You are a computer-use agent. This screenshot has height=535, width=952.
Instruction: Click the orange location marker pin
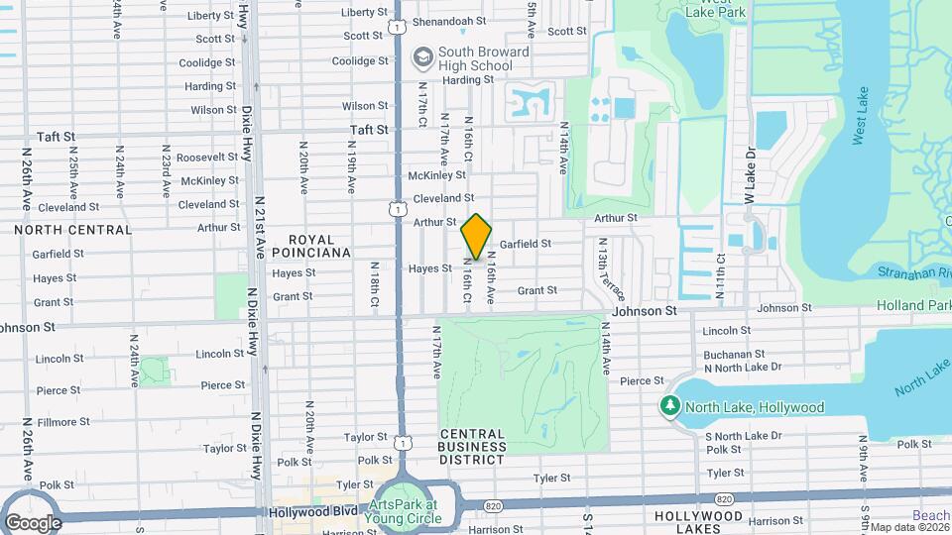click(x=477, y=237)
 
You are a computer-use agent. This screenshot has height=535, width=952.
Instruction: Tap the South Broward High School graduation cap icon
click(x=424, y=57)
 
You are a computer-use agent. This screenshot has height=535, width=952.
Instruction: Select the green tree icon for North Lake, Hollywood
click(x=671, y=407)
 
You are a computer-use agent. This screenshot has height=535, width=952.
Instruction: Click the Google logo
click(x=33, y=522)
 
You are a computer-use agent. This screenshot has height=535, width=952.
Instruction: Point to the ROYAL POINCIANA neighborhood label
click(x=319, y=247)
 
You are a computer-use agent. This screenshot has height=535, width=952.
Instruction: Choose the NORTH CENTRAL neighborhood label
click(x=72, y=230)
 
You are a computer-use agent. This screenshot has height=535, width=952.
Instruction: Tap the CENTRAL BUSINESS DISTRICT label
click(x=472, y=441)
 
